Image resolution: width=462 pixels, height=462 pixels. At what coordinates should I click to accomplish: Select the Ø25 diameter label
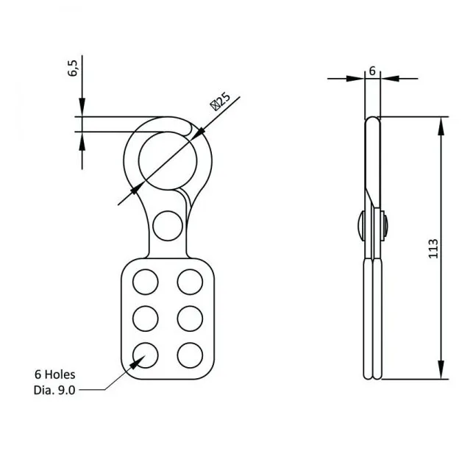pos(221,100)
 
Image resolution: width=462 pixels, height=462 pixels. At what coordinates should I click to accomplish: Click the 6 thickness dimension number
pos(372,71)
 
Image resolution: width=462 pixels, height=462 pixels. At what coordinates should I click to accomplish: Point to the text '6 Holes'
pos(54,374)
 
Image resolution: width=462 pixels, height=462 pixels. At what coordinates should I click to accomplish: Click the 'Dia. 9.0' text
pos(54,388)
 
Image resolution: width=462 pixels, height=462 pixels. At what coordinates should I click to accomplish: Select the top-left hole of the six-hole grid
pos(145,282)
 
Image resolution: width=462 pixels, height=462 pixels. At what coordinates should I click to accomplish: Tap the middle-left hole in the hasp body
pos(145,317)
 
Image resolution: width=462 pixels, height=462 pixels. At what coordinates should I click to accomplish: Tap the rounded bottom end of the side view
pos(373,377)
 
